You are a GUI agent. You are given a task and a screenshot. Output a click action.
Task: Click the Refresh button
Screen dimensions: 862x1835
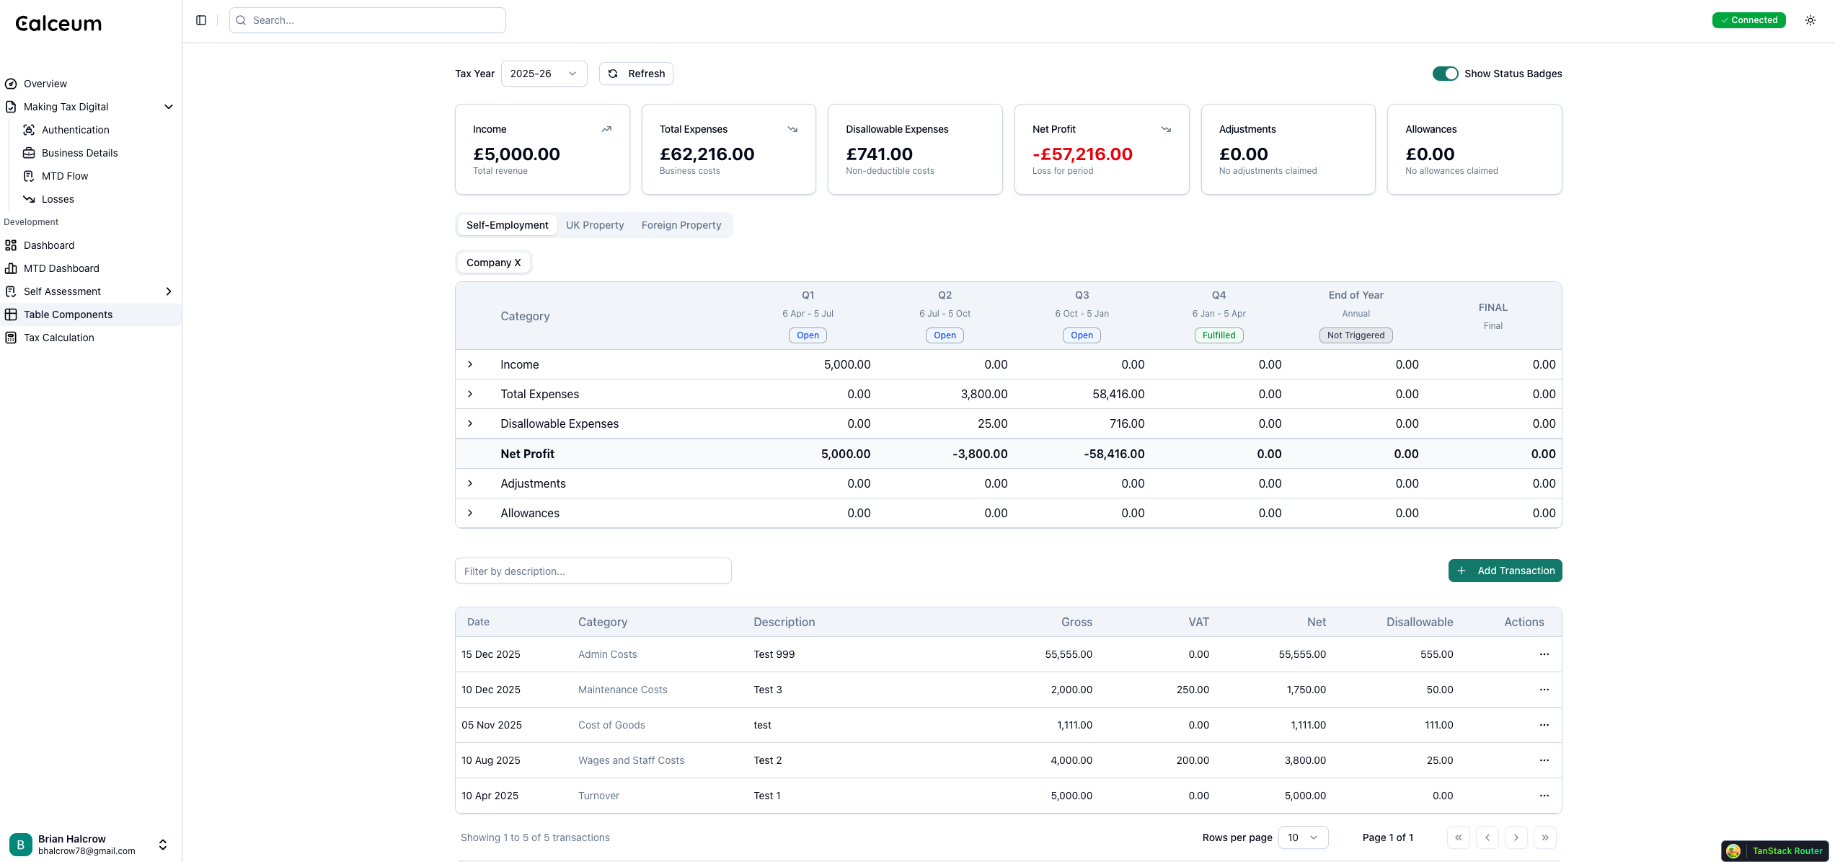(x=636, y=74)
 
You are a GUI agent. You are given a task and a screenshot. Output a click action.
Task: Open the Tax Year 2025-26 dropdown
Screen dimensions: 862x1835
(x=544, y=74)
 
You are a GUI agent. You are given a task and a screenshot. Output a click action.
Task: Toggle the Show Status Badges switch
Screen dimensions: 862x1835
(x=1445, y=74)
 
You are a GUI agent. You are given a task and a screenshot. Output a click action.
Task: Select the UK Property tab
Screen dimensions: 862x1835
(x=594, y=225)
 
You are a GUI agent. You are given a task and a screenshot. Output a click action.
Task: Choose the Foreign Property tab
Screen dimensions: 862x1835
(x=681, y=225)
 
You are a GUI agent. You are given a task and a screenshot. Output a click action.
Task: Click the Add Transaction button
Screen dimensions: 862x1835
(x=1505, y=571)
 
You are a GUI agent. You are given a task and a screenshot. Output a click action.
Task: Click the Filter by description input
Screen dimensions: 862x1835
(x=593, y=571)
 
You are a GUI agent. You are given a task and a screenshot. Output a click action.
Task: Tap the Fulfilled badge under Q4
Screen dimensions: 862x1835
(x=1219, y=335)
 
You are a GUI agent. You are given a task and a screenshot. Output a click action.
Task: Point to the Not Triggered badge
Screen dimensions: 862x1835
(x=1356, y=335)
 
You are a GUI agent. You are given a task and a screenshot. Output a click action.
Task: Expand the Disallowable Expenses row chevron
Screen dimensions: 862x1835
(x=470, y=423)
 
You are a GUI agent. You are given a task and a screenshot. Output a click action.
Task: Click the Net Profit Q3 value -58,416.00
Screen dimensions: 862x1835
(x=1113, y=454)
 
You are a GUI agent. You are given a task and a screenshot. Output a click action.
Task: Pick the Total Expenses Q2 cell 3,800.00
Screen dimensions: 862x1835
(x=983, y=394)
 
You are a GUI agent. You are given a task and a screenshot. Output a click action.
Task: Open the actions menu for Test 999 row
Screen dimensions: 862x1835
(x=1544, y=654)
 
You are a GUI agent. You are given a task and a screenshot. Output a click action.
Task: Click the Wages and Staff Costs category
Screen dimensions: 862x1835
(x=631, y=760)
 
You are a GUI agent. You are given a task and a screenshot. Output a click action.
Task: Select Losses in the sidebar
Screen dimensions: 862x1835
(x=58, y=199)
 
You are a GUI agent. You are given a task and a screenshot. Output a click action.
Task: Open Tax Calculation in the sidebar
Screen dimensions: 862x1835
(x=59, y=338)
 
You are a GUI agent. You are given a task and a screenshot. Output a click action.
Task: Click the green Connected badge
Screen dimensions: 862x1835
(x=1748, y=20)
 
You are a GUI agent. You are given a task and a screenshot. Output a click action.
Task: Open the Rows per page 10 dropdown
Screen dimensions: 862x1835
(x=1302, y=837)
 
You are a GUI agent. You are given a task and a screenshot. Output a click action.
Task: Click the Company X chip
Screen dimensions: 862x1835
(x=493, y=263)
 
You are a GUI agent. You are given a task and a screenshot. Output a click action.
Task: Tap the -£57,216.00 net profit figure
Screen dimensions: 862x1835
(x=1082, y=154)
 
